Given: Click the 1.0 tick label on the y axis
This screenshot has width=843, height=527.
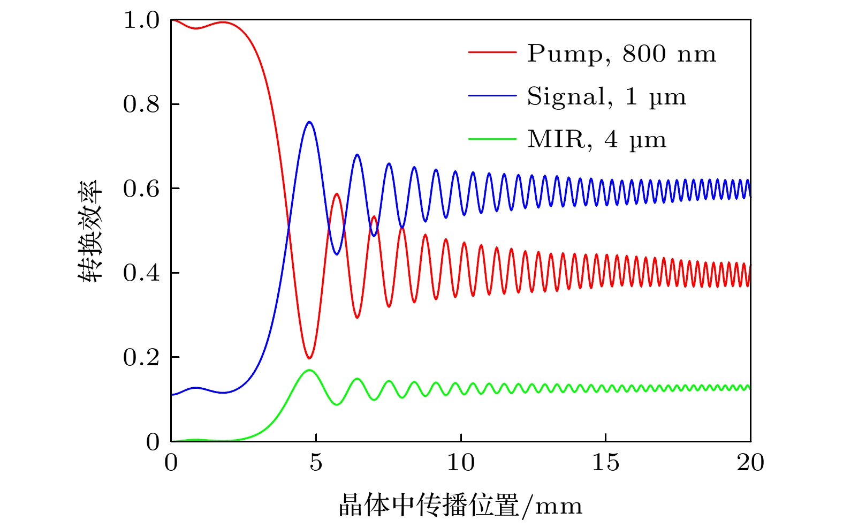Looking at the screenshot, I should pyautogui.click(x=141, y=20).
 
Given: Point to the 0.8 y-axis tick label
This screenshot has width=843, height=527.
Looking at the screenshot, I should pyautogui.click(x=141, y=104).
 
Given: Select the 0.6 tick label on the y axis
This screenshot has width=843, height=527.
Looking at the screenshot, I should pyautogui.click(x=141, y=189).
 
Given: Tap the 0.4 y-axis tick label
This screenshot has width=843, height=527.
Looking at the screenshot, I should pyautogui.click(x=141, y=273).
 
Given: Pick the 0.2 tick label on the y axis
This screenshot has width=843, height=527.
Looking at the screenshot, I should pyautogui.click(x=141, y=357).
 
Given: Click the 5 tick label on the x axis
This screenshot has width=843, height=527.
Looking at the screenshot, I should pyautogui.click(x=316, y=462).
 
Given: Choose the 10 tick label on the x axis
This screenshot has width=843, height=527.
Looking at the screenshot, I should pyautogui.click(x=461, y=462).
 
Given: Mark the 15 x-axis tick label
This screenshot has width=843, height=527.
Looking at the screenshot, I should pyautogui.click(x=606, y=462).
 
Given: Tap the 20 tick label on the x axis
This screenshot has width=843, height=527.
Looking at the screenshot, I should pyautogui.click(x=750, y=462).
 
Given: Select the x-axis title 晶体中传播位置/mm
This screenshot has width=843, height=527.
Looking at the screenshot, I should pyautogui.click(x=460, y=505).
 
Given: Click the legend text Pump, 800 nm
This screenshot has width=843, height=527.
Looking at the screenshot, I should pyautogui.click(x=621, y=54).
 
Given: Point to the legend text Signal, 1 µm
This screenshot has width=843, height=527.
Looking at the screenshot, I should pyautogui.click(x=606, y=96).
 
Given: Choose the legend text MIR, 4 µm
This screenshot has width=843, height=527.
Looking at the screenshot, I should pyautogui.click(x=597, y=140).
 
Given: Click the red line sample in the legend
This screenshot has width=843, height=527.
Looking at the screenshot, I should pyautogui.click(x=492, y=52).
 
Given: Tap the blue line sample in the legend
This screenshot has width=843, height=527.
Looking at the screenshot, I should pyautogui.click(x=492, y=96).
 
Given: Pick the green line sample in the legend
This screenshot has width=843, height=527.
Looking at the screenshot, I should pyautogui.click(x=492, y=139).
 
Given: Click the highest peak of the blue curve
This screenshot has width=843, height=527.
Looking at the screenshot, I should pyautogui.click(x=309, y=122).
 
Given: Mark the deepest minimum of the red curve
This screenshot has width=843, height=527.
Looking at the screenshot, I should pyautogui.click(x=309, y=358).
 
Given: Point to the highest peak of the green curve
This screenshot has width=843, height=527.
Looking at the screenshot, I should pyautogui.click(x=309, y=370).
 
